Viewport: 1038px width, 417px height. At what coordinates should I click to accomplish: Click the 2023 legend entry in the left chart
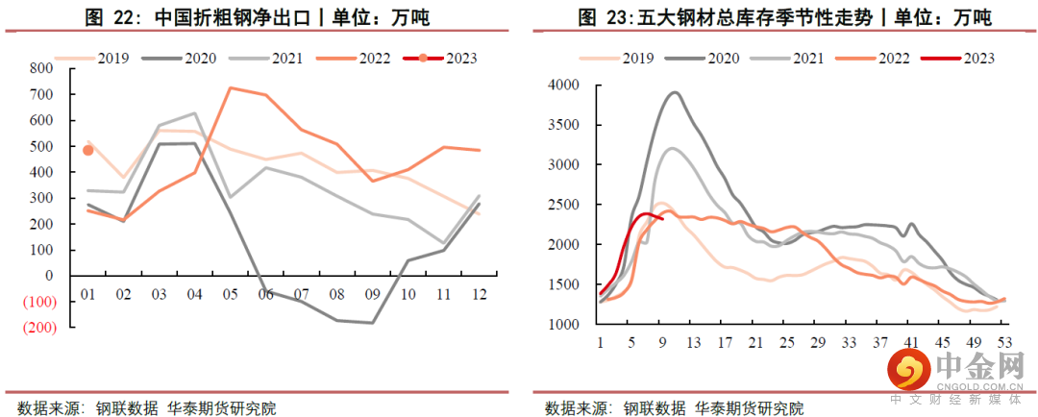coord(443,58)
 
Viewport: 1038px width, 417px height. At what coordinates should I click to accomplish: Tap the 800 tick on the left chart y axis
coord(41,68)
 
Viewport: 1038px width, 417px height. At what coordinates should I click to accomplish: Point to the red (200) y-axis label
coord(38,328)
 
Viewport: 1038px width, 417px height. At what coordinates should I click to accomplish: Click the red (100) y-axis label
coord(38,302)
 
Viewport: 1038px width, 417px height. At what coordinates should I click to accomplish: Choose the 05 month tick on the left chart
coord(232,293)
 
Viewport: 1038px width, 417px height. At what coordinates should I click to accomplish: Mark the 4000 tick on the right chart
coord(560,86)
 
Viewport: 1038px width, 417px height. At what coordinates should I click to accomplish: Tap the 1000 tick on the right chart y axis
coord(560,325)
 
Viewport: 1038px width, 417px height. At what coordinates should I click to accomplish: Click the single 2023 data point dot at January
coord(87,150)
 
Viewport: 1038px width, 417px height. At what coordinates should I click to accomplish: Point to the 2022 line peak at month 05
coord(231,88)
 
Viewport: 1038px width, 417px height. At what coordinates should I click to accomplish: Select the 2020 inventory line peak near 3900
coord(674,93)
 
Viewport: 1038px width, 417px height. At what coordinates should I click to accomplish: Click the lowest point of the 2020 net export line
coord(372,323)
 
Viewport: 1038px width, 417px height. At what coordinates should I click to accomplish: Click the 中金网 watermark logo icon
coord(907,369)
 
